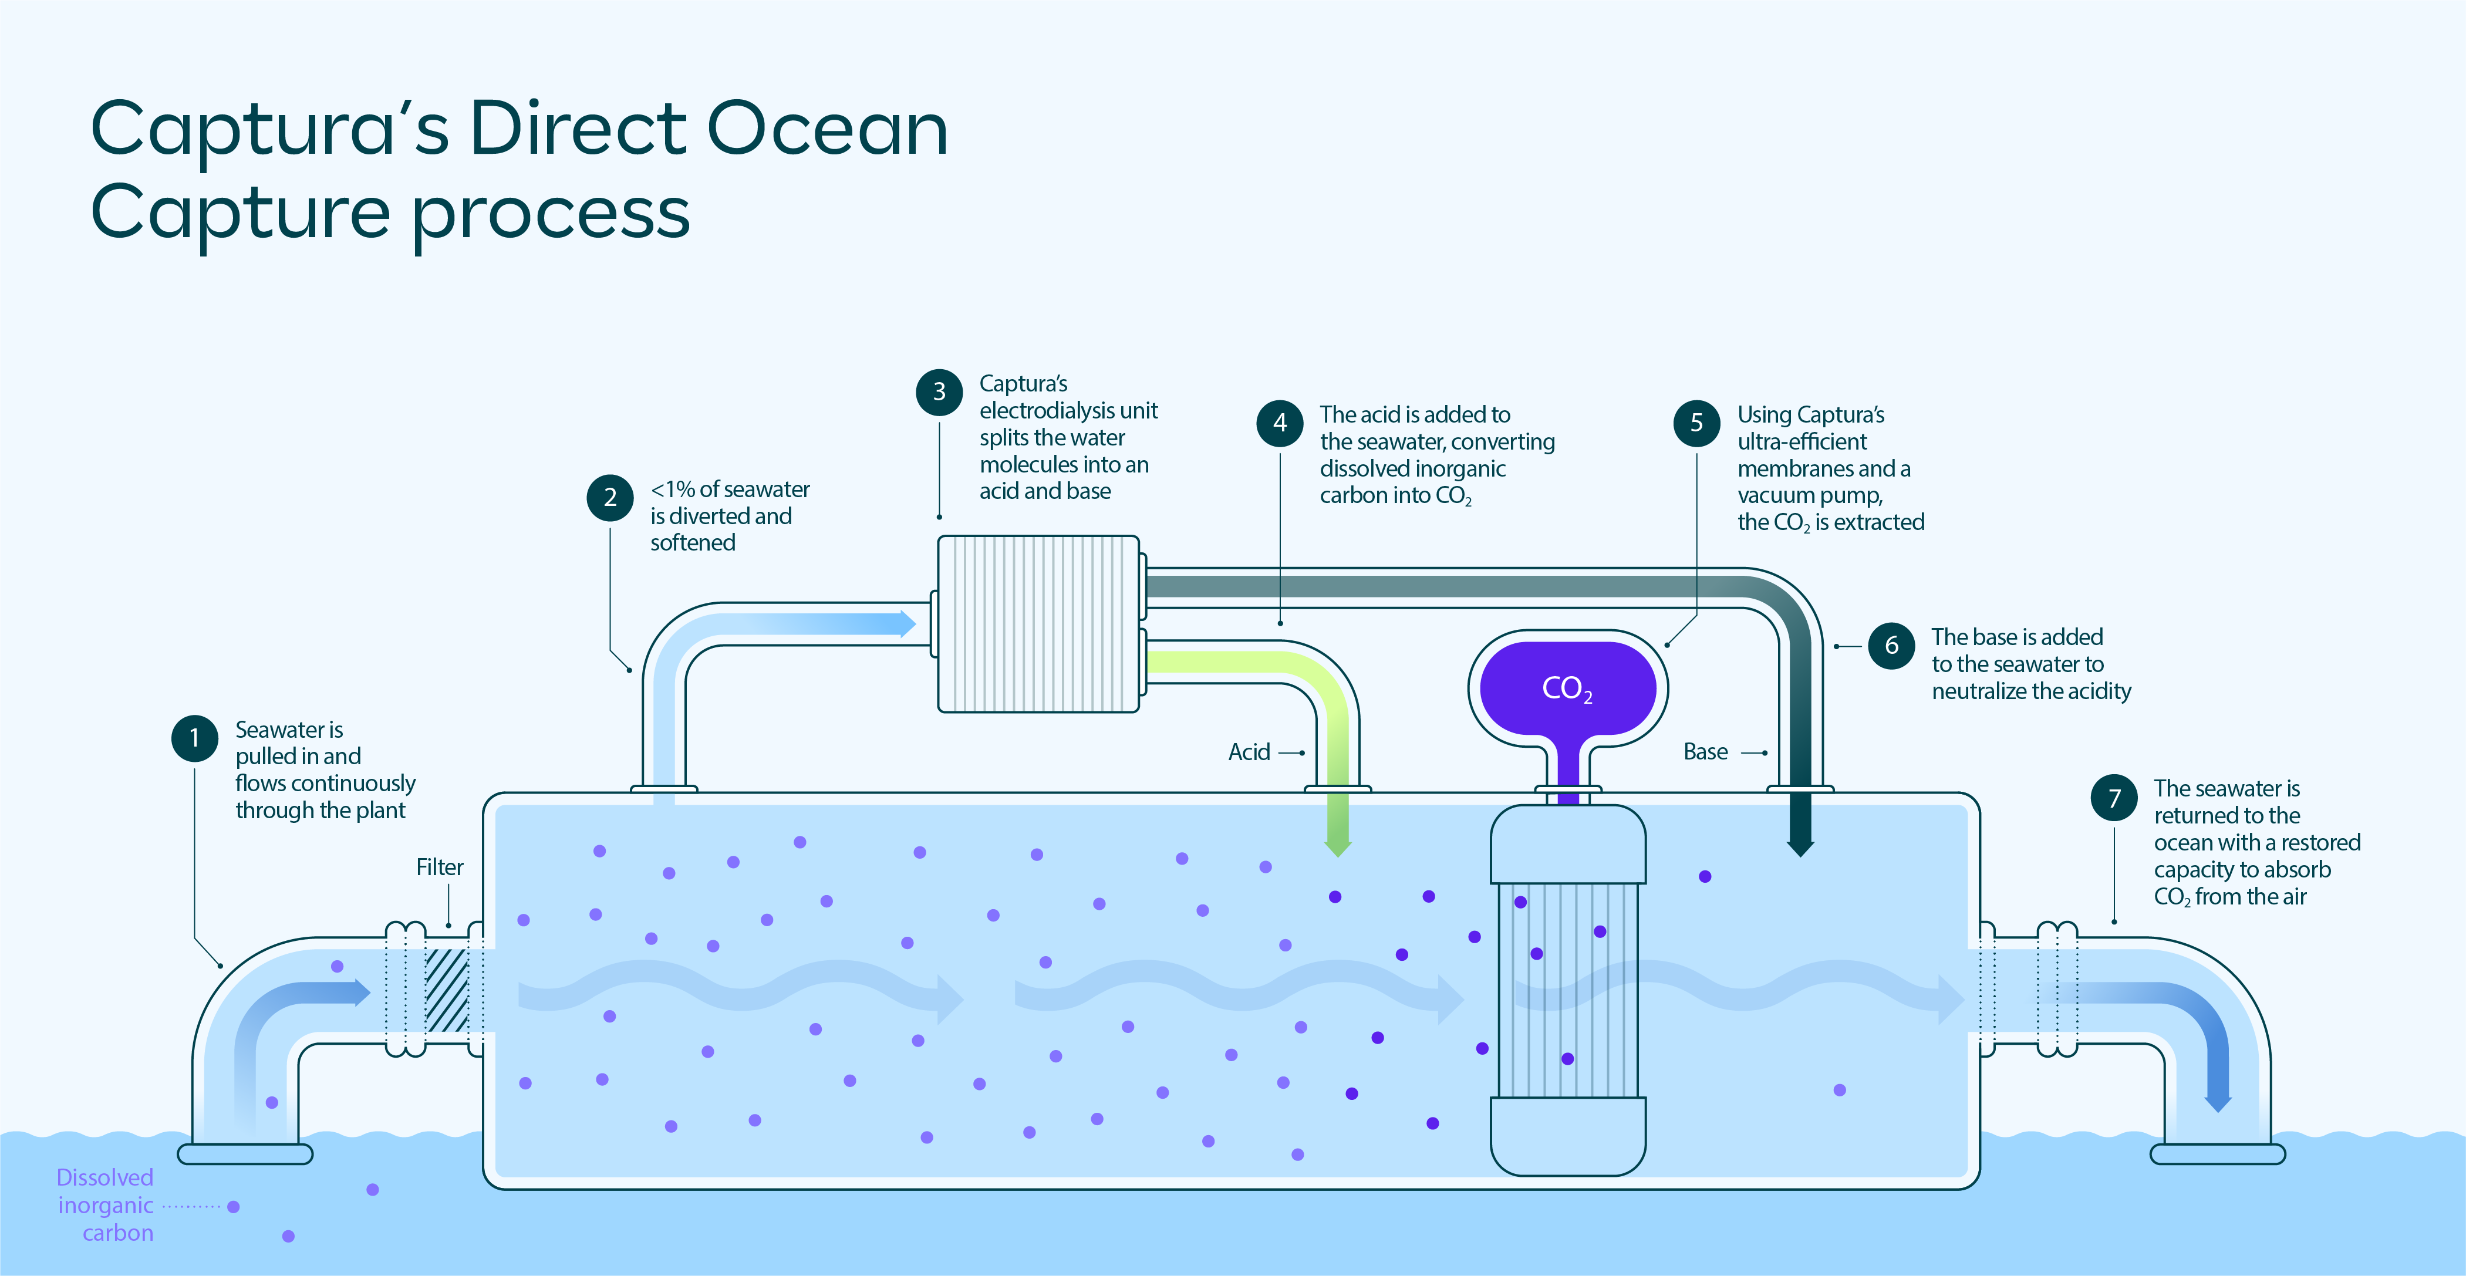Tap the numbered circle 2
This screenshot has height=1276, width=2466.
pyautogui.click(x=610, y=498)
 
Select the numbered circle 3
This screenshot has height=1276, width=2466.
pyautogui.click(x=939, y=391)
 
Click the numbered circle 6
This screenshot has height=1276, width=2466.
pyautogui.click(x=1892, y=645)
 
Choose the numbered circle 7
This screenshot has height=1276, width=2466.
pyautogui.click(x=2114, y=798)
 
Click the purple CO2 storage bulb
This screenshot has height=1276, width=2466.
pyautogui.click(x=1567, y=687)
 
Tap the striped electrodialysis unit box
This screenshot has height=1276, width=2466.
pyautogui.click(x=1038, y=624)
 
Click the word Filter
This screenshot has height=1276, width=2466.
pyautogui.click(x=440, y=867)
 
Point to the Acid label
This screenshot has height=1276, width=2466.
pyautogui.click(x=1249, y=752)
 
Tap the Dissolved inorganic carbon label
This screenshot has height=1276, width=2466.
pyautogui.click(x=105, y=1205)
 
